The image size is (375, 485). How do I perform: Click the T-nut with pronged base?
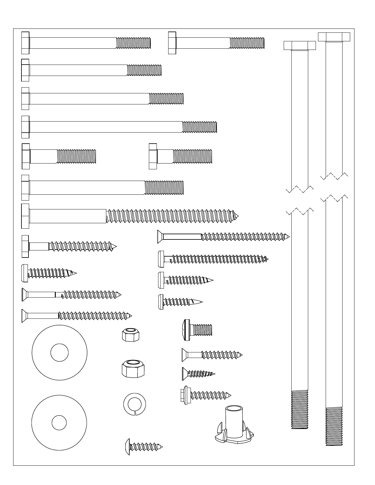[x=234, y=426]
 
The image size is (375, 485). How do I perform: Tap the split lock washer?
[x=134, y=404]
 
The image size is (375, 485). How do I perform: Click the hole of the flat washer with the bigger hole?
[x=59, y=353]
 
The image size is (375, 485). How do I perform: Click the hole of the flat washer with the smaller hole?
[x=59, y=423]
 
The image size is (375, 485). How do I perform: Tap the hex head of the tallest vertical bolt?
[x=334, y=37]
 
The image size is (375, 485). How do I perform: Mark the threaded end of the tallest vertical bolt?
[x=334, y=426]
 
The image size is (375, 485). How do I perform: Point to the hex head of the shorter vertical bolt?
[x=300, y=45]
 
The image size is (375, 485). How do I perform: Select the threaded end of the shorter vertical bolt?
[x=300, y=409]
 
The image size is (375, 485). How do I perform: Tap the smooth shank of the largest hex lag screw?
[x=67, y=216]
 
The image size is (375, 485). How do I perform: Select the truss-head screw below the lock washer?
[x=144, y=447]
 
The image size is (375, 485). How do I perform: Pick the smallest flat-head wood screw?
[x=198, y=374]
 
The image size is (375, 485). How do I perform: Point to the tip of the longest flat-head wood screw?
[x=288, y=237]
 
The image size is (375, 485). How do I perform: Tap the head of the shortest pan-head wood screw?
[x=161, y=302]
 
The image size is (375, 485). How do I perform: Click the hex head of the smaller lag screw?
[x=25, y=246]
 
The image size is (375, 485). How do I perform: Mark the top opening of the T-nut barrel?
[x=234, y=408]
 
